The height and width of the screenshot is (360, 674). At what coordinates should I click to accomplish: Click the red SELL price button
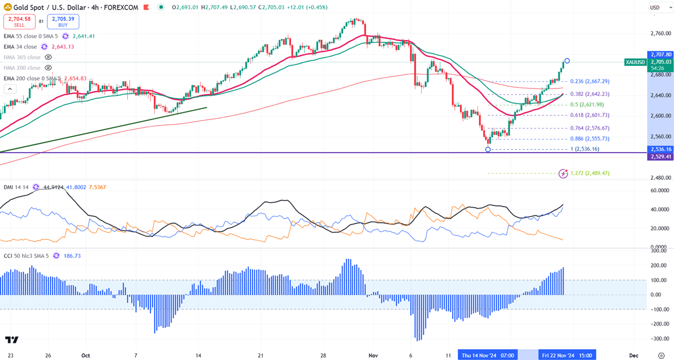pos(19,22)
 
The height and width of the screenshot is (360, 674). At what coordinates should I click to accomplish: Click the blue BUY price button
pos(63,22)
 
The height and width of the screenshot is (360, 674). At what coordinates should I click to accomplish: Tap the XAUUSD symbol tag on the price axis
pos(636,62)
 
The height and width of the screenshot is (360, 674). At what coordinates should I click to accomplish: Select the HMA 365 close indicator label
pos(22,57)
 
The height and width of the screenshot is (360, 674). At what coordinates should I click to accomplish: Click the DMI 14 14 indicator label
pos(16,186)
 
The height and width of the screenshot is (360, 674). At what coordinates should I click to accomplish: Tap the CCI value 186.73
pos(73,256)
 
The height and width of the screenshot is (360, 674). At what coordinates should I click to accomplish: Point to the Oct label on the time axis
pos(86,355)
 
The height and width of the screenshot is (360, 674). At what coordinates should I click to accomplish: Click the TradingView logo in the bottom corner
pos(12,340)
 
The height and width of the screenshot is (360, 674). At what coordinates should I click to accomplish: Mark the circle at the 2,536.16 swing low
pos(488,149)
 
